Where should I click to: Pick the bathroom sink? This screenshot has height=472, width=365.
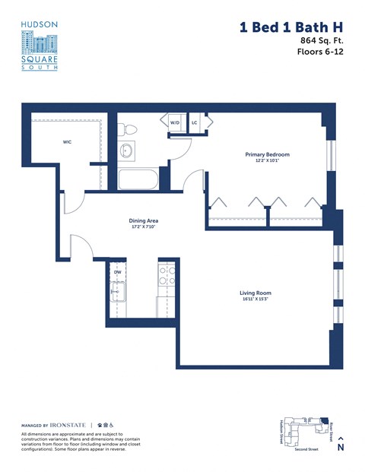(125, 150)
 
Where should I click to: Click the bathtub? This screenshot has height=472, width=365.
(138, 180)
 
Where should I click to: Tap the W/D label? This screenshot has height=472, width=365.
(175, 122)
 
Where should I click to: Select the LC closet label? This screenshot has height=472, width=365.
(195, 122)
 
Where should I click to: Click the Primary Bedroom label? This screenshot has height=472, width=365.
(267, 154)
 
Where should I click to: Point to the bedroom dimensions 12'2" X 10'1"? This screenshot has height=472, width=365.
(267, 161)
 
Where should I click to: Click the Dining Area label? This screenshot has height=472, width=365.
(143, 220)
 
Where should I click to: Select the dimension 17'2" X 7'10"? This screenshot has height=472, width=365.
(143, 227)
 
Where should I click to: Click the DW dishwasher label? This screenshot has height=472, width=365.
(118, 271)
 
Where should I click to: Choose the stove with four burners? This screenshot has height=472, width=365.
(167, 276)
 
